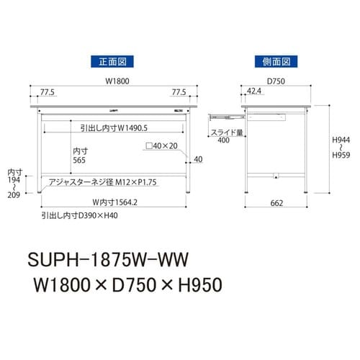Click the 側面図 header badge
tap(276, 62)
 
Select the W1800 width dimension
tap(112, 81)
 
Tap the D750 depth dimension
tap(276, 81)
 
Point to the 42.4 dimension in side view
tap(253, 92)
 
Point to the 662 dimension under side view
tap(276, 204)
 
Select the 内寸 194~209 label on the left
tap(14, 184)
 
